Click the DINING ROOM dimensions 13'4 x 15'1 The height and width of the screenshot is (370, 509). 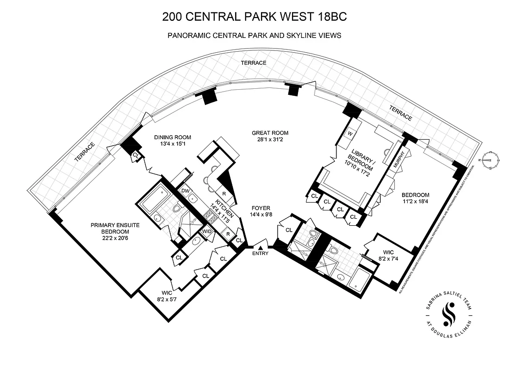tap(173, 144)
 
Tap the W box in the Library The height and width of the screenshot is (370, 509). tap(350, 133)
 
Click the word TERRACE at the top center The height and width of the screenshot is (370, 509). tap(253, 62)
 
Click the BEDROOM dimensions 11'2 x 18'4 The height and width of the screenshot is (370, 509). tap(415, 201)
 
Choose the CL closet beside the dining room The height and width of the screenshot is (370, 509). tap(135, 155)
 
